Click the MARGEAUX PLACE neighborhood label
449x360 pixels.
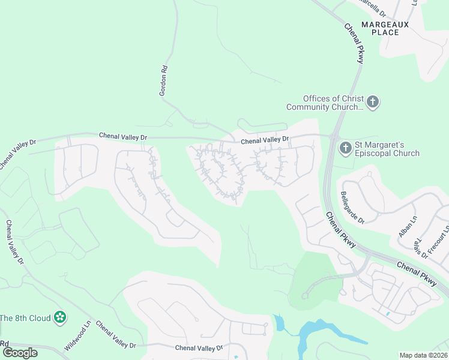tap(385, 28)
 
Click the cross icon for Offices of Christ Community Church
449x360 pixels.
tap(372, 101)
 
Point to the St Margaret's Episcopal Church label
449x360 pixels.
tap(387, 149)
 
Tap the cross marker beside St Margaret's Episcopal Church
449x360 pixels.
tap(345, 147)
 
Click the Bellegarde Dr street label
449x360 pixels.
tap(352, 208)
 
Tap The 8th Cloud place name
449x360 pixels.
tap(25, 318)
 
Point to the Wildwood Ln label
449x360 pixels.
tap(77, 336)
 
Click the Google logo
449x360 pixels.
tap(20, 352)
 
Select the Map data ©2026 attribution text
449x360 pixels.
tap(423, 355)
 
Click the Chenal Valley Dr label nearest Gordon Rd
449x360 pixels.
tap(123, 137)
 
